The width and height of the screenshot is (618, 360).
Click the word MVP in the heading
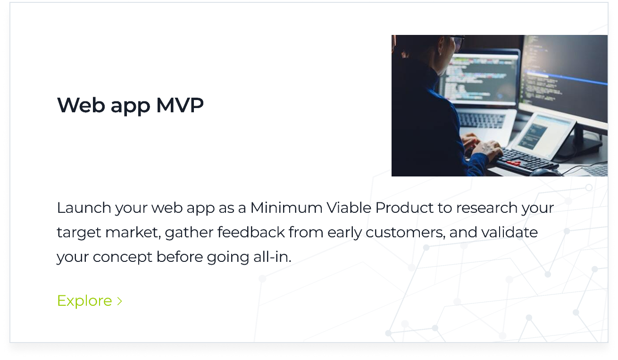180,105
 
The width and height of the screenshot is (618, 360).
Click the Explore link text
84,301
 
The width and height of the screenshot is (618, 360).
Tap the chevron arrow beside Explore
120,301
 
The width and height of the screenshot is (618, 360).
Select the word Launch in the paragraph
84,208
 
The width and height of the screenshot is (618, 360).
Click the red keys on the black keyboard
513,164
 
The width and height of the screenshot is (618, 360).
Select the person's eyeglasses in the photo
456,43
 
